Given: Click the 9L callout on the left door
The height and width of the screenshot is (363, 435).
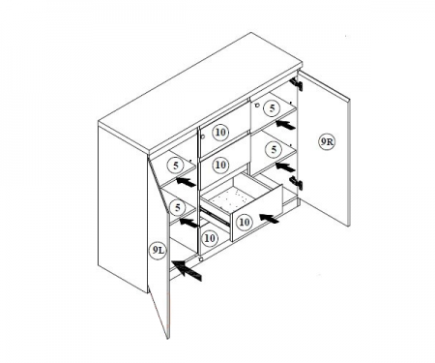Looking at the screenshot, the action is coord(158,251).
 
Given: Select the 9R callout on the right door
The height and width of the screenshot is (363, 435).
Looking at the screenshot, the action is coord(327,141).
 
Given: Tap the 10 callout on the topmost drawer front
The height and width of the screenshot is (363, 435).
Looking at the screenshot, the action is coord(220,132).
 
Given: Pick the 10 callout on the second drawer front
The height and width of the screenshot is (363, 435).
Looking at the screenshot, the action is coord(220,165).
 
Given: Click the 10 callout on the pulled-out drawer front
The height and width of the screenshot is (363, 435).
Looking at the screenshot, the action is coord(245,222).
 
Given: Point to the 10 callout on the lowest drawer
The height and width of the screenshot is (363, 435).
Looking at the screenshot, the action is coord(210,238).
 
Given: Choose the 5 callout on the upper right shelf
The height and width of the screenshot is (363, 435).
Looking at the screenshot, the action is coord(273,108).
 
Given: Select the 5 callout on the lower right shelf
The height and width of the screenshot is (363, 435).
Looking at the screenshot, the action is coord(274,149).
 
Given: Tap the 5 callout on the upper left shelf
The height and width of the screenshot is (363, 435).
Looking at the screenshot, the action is coord(176,166).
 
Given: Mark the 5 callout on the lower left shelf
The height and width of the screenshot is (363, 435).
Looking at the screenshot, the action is coord(178,208).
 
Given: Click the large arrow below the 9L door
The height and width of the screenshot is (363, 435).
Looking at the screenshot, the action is coord(187,270).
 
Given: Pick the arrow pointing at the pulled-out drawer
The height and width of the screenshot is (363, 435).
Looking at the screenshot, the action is coord(269,219).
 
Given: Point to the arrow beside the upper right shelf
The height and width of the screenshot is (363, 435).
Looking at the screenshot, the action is coord(285,125).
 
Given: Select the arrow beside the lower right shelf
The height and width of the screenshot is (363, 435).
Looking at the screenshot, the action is coord(285,167).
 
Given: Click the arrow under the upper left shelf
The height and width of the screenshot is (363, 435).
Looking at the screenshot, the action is coord(186,182).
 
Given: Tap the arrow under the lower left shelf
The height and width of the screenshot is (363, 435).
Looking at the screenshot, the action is coord(188,223).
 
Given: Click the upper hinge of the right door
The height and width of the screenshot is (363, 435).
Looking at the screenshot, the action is coord(296,84).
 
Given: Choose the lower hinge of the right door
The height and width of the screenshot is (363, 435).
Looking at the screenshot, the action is coord(296,183).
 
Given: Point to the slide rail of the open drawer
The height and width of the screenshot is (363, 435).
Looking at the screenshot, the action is coord(216,217).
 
